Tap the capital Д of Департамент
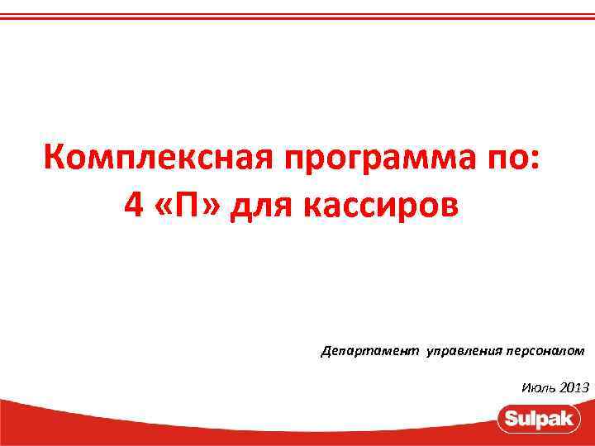pyautogui.click(x=326, y=351)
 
